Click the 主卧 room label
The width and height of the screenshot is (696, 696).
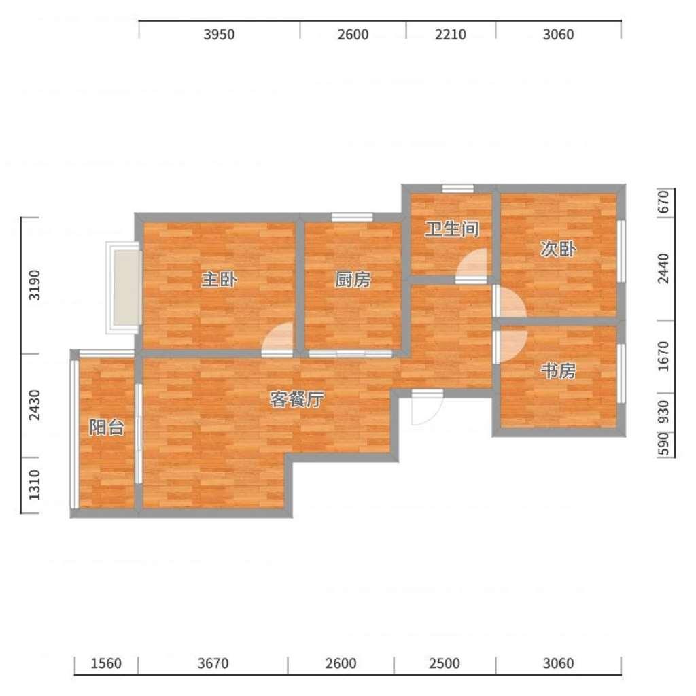tap(220, 279)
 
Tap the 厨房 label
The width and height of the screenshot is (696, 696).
tap(353, 279)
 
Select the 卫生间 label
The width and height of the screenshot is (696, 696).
tap(452, 229)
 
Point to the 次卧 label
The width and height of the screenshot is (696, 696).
tap(558, 249)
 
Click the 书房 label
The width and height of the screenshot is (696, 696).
tap(558, 370)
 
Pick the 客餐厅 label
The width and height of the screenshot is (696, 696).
tap(297, 400)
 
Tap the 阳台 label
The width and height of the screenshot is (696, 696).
tap(107, 428)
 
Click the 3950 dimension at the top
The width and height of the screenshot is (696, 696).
tap(219, 34)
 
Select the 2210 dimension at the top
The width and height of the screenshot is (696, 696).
tap(450, 34)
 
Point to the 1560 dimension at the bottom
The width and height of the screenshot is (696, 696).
tap(106, 663)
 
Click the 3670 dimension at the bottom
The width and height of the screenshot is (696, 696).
tap(213, 663)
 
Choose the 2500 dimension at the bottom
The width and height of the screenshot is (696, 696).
tap(445, 663)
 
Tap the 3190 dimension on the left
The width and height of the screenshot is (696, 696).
tap(34, 285)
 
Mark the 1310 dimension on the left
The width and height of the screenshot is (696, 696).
tap(34, 485)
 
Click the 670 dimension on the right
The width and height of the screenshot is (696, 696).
tap(663, 202)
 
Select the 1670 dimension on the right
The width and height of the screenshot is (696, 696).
tap(663, 356)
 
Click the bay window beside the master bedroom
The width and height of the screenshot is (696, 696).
tap(124, 288)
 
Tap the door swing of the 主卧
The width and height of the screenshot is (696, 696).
tap(278, 340)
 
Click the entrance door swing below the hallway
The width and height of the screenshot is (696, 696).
tap(427, 407)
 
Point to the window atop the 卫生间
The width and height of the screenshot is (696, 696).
tap(457, 188)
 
